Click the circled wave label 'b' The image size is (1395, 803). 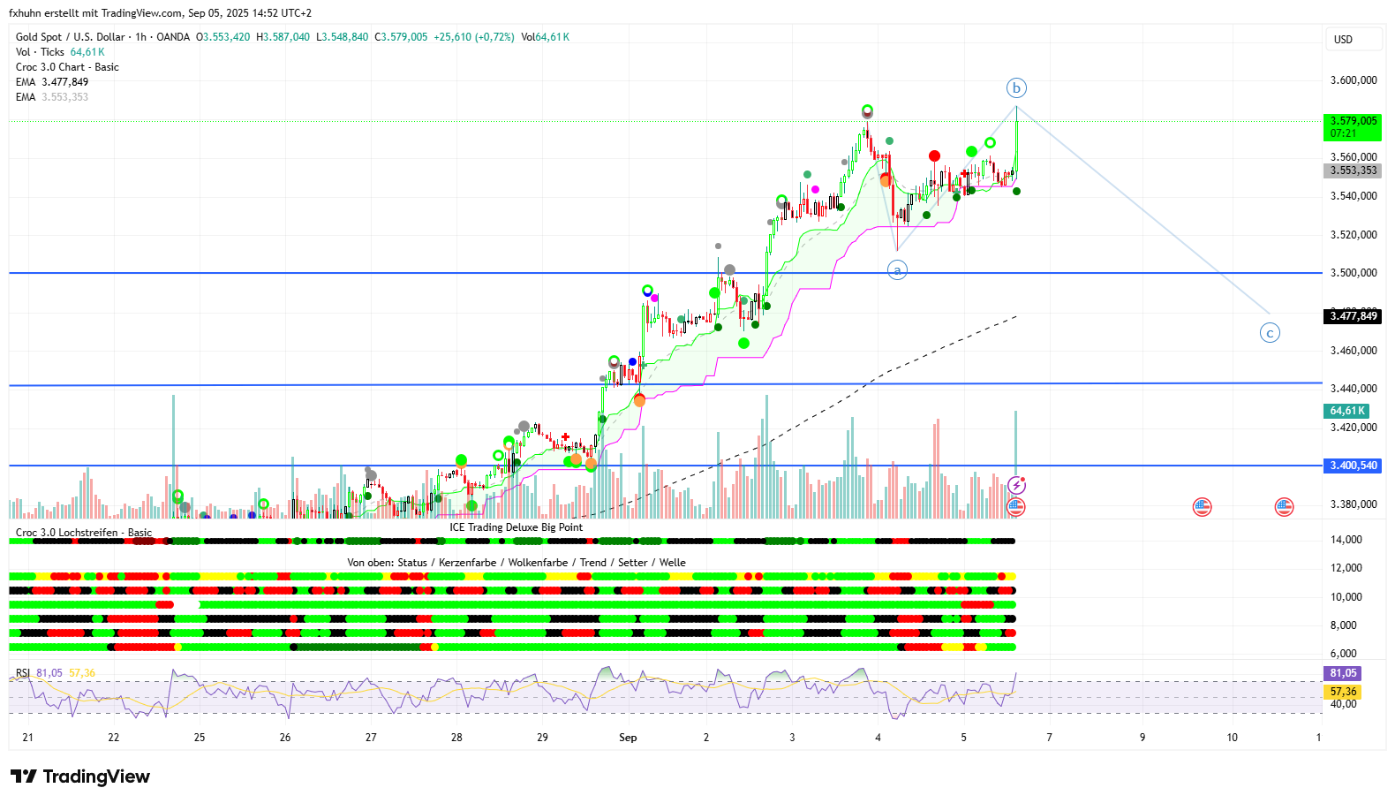pyautogui.click(x=1016, y=87)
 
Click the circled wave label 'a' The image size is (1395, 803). pyautogui.click(x=897, y=270)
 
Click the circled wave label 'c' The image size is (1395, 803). pyautogui.click(x=1270, y=333)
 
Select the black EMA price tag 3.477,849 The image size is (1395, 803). pyautogui.click(x=1354, y=316)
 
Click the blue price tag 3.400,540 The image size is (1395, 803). pyautogui.click(x=1354, y=466)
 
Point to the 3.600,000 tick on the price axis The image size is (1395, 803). pyautogui.click(x=1354, y=80)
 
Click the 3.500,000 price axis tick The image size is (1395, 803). pyautogui.click(x=1354, y=273)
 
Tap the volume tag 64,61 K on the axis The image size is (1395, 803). pyautogui.click(x=1347, y=411)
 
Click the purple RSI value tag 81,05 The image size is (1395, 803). pyautogui.click(x=1343, y=673)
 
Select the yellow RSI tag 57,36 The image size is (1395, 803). pyautogui.click(x=1343, y=692)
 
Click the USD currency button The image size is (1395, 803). pyautogui.click(x=1343, y=40)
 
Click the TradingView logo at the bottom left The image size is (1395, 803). pyautogui.click(x=80, y=776)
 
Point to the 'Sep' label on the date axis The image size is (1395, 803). pyautogui.click(x=628, y=738)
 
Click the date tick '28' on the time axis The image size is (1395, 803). pyautogui.click(x=456, y=738)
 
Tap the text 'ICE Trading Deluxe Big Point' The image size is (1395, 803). pyautogui.click(x=516, y=527)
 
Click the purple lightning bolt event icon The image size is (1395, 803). pyautogui.click(x=1017, y=485)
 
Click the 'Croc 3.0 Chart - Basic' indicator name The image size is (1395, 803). pyautogui.click(x=67, y=67)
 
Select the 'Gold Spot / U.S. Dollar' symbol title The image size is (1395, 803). pyautogui.click(x=71, y=37)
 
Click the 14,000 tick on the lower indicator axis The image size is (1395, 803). pyautogui.click(x=1346, y=540)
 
